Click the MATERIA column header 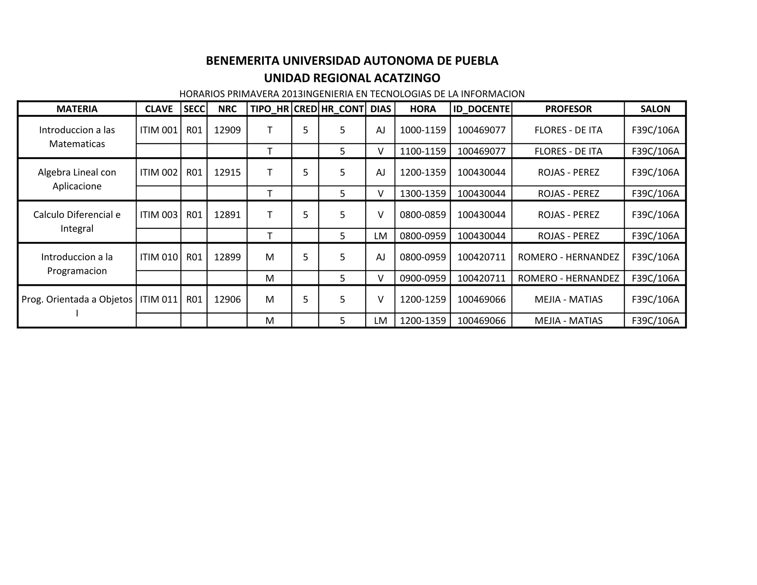click(x=77, y=109)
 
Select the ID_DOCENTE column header click(x=481, y=109)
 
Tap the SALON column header click(x=655, y=109)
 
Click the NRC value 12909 click(x=227, y=130)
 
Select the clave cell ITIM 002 click(x=159, y=172)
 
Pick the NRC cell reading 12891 click(x=227, y=215)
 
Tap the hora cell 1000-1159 click(x=423, y=130)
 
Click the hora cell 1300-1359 click(x=423, y=194)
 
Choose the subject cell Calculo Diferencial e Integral click(x=77, y=222)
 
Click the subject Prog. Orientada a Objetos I click(x=77, y=306)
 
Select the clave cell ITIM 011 click(x=159, y=300)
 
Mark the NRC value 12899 click(x=227, y=257)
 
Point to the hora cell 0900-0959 click(x=423, y=278)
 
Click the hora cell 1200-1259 click(x=423, y=300)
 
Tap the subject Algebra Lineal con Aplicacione click(x=77, y=179)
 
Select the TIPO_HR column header click(x=269, y=109)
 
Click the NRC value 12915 click(x=227, y=172)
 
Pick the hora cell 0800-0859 click(x=423, y=215)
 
